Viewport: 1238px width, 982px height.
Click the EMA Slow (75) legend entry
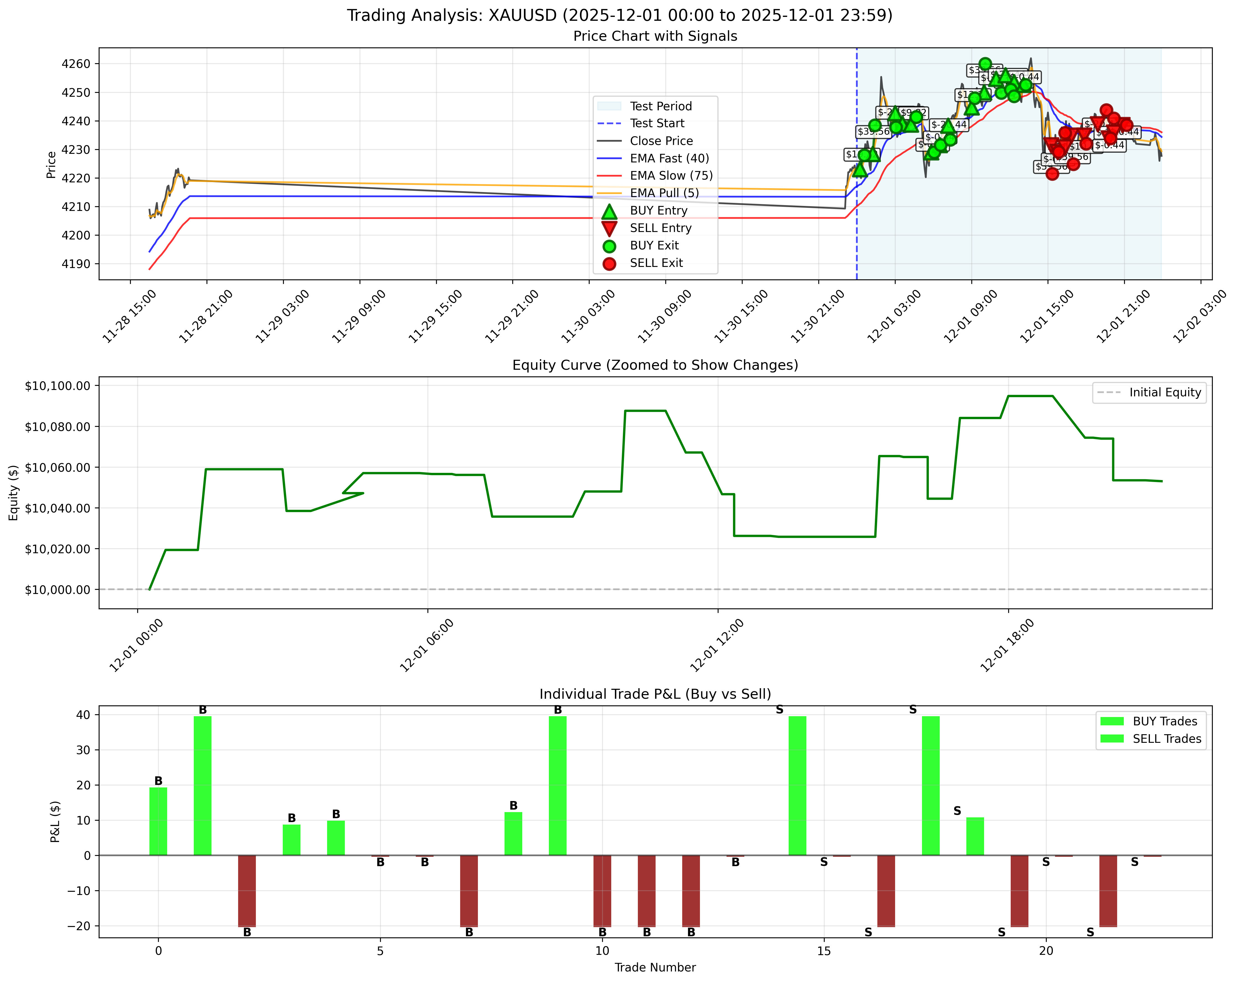671,176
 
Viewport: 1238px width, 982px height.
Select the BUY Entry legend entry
658,211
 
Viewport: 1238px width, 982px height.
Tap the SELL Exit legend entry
656,263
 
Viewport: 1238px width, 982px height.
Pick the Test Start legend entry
657,123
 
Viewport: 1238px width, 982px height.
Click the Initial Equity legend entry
1165,393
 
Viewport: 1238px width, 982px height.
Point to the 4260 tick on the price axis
76,64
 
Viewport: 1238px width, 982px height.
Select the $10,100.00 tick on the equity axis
57,386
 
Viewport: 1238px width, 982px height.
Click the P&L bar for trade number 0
158,821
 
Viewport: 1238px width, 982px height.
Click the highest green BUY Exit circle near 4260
985,64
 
